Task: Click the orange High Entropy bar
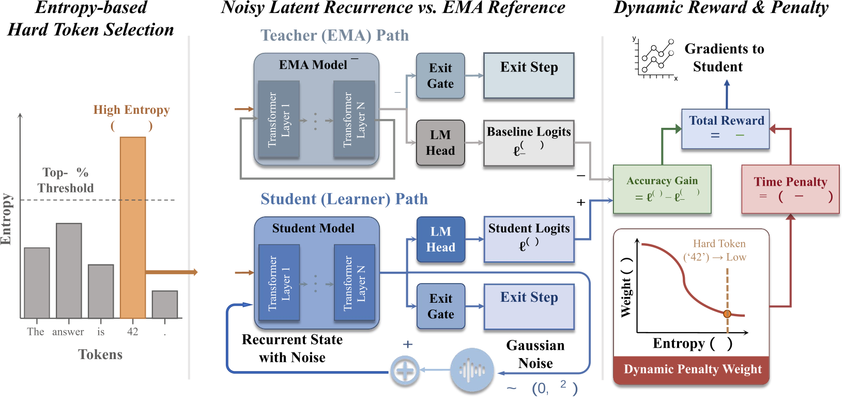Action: pos(133,228)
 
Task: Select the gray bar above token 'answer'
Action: pos(69,270)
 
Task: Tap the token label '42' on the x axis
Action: pos(133,332)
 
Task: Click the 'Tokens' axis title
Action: pos(100,354)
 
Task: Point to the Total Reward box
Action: pos(726,128)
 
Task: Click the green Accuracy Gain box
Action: pos(662,189)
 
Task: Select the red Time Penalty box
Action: pos(790,189)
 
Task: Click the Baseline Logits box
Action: pos(529,143)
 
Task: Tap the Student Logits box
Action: pos(529,239)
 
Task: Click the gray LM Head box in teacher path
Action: pos(440,143)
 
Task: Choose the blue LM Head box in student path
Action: pos(440,239)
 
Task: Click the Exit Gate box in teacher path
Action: pos(440,76)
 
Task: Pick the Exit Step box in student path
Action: pos(529,306)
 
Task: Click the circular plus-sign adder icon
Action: pos(405,371)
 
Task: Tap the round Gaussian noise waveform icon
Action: pos(472,371)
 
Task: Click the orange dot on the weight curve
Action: pos(727,314)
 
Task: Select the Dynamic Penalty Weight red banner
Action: pos(692,369)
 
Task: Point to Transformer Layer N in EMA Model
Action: pos(354,120)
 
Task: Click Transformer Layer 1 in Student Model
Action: pos(279,283)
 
